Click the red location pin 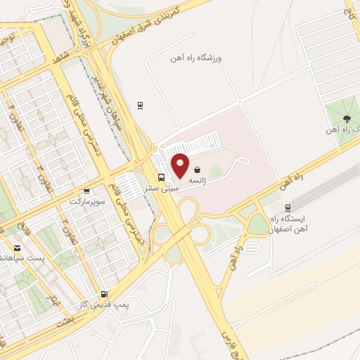click(181, 165)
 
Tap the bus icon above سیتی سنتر click(162, 177)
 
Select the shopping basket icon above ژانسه click(198, 169)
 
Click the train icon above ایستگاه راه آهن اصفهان click(288, 208)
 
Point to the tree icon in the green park click(346, 117)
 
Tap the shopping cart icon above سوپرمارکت click(86, 191)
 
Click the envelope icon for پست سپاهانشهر click(18, 248)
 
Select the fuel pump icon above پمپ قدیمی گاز click(105, 295)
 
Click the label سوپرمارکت click(86, 201)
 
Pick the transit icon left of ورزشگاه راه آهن click(141, 106)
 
